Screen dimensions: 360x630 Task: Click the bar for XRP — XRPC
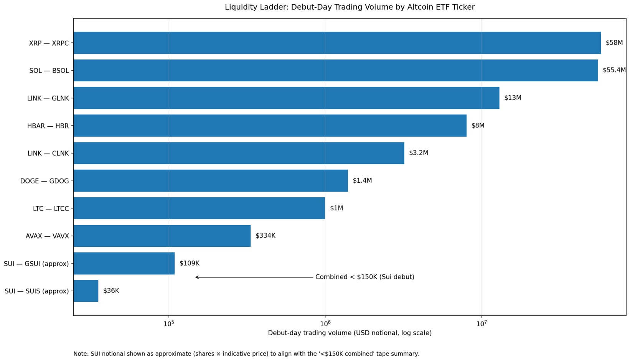click(337, 43)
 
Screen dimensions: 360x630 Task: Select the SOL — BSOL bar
click(335, 71)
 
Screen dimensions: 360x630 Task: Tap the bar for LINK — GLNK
click(286, 98)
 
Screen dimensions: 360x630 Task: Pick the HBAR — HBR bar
click(270, 126)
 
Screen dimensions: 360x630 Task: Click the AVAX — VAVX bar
click(162, 236)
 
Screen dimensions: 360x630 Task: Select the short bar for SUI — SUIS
click(86, 291)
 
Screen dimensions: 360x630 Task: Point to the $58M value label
click(614, 43)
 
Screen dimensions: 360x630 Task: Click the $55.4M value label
click(614, 70)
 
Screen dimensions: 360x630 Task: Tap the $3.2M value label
click(418, 153)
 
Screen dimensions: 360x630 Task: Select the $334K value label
click(265, 236)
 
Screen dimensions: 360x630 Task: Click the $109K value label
click(189, 263)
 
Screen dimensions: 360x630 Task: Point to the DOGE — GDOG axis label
click(45, 181)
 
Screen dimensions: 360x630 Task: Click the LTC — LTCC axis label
click(51, 208)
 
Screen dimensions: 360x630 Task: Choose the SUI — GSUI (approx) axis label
click(36, 264)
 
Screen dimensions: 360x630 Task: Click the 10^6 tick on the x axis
click(325, 324)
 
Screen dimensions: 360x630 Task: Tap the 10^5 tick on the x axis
click(168, 324)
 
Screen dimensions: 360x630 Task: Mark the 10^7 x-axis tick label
click(481, 324)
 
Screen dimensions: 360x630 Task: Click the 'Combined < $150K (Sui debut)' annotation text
click(364, 277)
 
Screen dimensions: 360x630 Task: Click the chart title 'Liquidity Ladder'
click(350, 7)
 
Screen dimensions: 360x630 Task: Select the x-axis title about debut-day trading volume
click(350, 333)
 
